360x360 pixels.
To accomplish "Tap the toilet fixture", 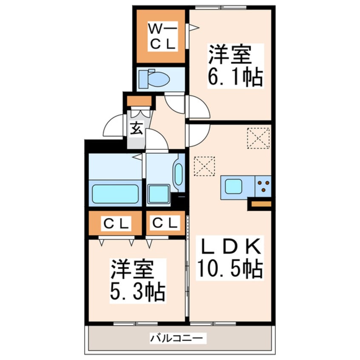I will (156, 79).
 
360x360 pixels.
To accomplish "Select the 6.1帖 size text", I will (234, 78).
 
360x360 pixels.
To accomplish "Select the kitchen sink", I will (234, 186).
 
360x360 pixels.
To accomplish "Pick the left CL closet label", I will (114, 223).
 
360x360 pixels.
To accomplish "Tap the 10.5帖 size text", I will (229, 269).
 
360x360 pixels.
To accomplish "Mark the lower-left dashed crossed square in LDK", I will (204, 166).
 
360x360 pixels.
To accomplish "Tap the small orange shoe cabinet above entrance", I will (140, 102).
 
